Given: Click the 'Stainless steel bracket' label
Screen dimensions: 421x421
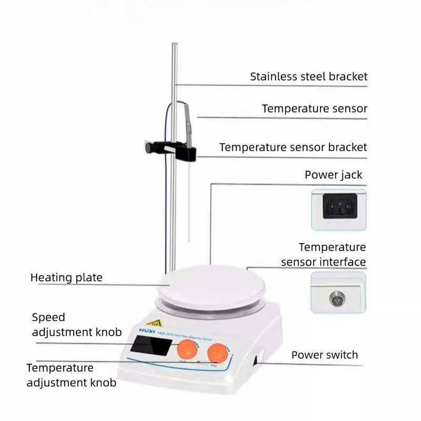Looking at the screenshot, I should (x=308, y=76).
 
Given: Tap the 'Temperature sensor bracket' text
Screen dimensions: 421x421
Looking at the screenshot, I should (x=293, y=147).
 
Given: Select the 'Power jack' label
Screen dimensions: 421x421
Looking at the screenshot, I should (x=334, y=175).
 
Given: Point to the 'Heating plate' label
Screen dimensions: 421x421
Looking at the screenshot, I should (x=66, y=277).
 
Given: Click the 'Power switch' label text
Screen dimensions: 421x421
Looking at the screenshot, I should (x=325, y=355).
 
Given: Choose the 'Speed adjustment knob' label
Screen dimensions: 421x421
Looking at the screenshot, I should (x=77, y=325).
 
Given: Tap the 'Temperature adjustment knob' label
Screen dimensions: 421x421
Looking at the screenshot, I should (x=71, y=375).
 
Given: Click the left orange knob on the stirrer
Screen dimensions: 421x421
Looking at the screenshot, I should (x=187, y=349).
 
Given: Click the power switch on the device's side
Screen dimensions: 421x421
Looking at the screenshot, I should (x=257, y=361).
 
